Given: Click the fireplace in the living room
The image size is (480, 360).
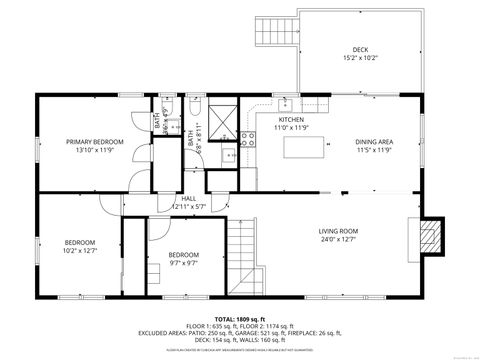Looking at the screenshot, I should (x=429, y=236).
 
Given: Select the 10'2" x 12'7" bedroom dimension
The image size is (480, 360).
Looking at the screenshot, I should (x=80, y=251).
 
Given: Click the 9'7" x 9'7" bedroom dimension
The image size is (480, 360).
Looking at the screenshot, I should (x=184, y=263).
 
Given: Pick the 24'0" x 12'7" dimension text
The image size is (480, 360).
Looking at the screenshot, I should (x=338, y=239).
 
